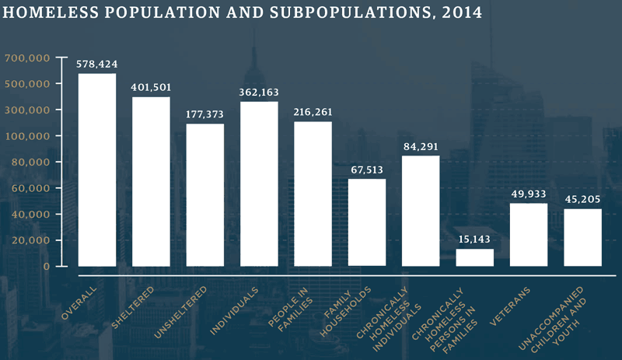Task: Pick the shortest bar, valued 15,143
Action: [x=474, y=257]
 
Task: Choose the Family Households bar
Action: [x=367, y=222]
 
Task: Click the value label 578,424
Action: [x=97, y=65]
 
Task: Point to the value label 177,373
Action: [x=205, y=114]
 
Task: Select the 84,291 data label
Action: [x=421, y=146]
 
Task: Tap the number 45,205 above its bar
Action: [x=582, y=199]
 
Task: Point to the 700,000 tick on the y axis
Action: [x=27, y=58]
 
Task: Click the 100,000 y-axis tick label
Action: [x=27, y=136]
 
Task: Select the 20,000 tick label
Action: [x=30, y=240]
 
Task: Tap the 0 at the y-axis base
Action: [x=47, y=266]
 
